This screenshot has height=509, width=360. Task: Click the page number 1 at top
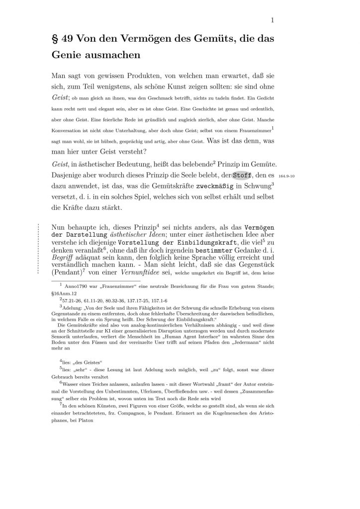pyautogui.click(x=272, y=20)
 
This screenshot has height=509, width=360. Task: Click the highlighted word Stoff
pyautogui.click(x=242, y=175)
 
